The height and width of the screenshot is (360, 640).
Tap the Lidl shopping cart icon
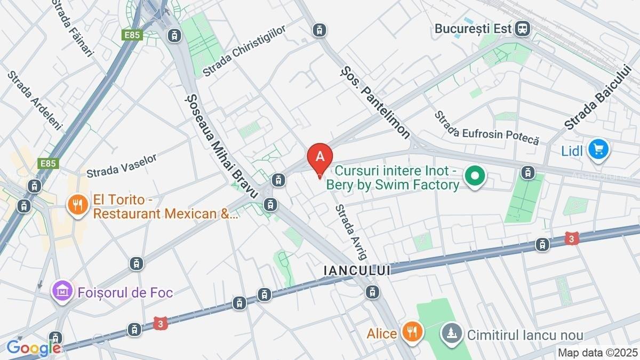pos(598,149)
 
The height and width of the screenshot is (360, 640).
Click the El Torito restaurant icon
pos(78,205)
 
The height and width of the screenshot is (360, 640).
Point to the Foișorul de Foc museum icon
pos(62,291)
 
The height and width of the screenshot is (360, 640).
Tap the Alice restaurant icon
pos(412,333)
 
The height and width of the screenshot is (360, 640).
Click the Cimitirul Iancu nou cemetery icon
pos(452,335)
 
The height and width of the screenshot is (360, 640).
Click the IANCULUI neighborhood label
pos(357,270)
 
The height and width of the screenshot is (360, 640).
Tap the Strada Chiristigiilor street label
pos(244,50)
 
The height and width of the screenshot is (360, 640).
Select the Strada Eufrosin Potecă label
pos(486,129)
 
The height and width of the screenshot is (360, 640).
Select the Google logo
pos(33,348)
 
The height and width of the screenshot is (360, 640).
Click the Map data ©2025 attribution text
pos(597,353)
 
